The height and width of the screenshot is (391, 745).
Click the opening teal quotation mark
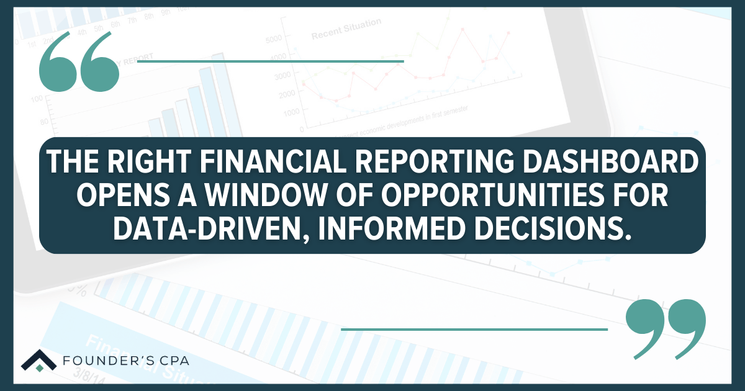(x=78, y=62)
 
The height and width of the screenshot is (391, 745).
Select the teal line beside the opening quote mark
(x=270, y=61)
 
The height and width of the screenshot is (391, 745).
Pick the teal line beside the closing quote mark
(x=474, y=329)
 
